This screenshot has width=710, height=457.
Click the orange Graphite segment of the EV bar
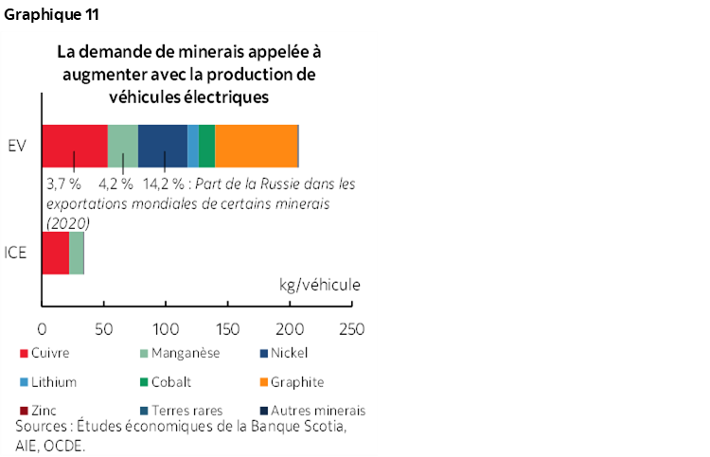(257, 146)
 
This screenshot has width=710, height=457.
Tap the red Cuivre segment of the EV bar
(75, 146)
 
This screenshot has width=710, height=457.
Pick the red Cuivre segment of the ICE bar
(56, 253)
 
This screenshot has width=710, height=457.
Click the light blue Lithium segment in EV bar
(193, 146)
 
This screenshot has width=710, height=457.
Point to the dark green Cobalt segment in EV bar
(207, 146)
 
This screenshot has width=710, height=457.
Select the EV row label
(17, 146)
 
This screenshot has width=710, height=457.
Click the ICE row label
(17, 253)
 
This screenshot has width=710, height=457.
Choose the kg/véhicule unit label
(320, 284)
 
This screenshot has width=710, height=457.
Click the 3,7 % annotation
(63, 183)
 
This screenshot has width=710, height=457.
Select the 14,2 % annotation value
(164, 183)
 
